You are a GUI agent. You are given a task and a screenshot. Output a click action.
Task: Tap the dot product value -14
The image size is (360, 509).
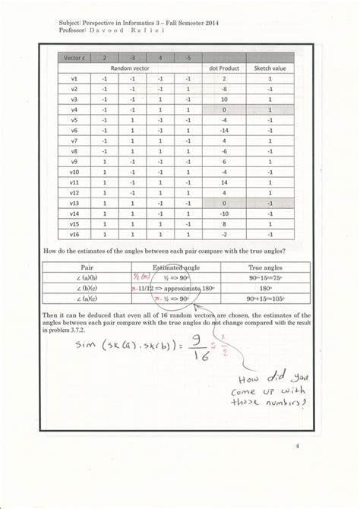point(225,130)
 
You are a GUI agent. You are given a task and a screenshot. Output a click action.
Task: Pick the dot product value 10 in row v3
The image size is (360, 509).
point(225,99)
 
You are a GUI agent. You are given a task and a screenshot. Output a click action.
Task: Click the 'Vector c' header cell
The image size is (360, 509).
point(74,57)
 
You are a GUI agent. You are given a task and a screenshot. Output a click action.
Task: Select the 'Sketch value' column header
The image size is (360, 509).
point(270,68)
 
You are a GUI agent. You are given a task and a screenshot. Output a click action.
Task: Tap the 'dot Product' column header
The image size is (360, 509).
point(225,68)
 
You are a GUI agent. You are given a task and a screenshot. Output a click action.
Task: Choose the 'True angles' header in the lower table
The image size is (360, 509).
point(265,267)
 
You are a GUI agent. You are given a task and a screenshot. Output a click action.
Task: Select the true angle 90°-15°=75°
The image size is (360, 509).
point(265,278)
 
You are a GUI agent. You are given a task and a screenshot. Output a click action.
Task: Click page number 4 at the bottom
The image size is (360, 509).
point(298,446)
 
